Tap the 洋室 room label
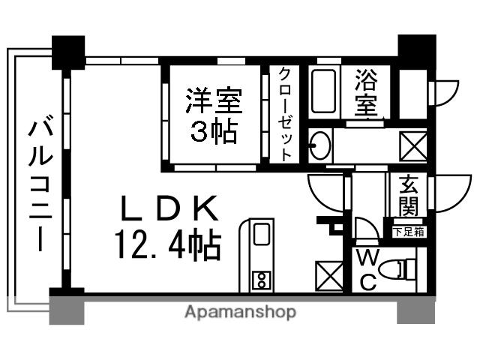point(213,100)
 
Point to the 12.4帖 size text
point(166,244)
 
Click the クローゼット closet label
point(286,113)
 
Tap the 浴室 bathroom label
point(365,92)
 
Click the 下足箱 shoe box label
point(408,231)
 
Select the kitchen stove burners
point(262,280)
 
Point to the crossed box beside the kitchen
point(330,275)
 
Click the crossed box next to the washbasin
point(414,143)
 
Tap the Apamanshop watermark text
point(240,312)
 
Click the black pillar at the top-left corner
point(68,52)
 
